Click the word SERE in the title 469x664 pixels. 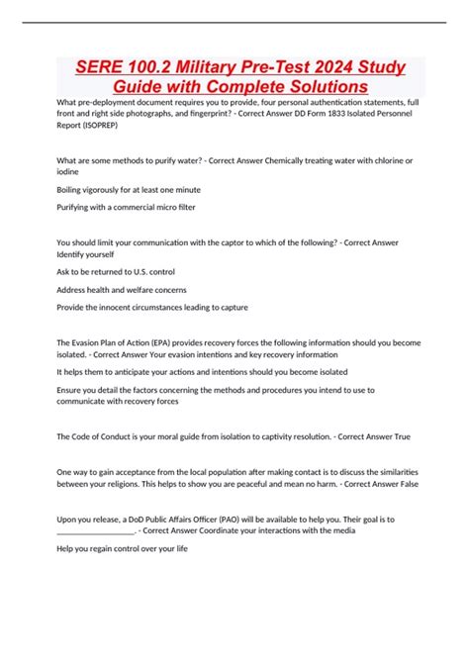(x=101, y=67)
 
